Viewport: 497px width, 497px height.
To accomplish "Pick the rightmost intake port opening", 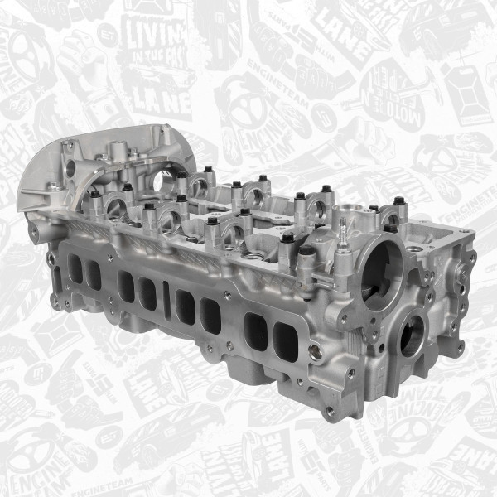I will coord(287,342).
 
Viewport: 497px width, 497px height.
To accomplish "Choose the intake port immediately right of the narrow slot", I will coord(186,308).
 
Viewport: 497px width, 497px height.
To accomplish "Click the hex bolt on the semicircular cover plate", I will coord(55,187).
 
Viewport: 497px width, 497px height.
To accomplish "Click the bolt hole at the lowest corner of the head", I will coord(330,410).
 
